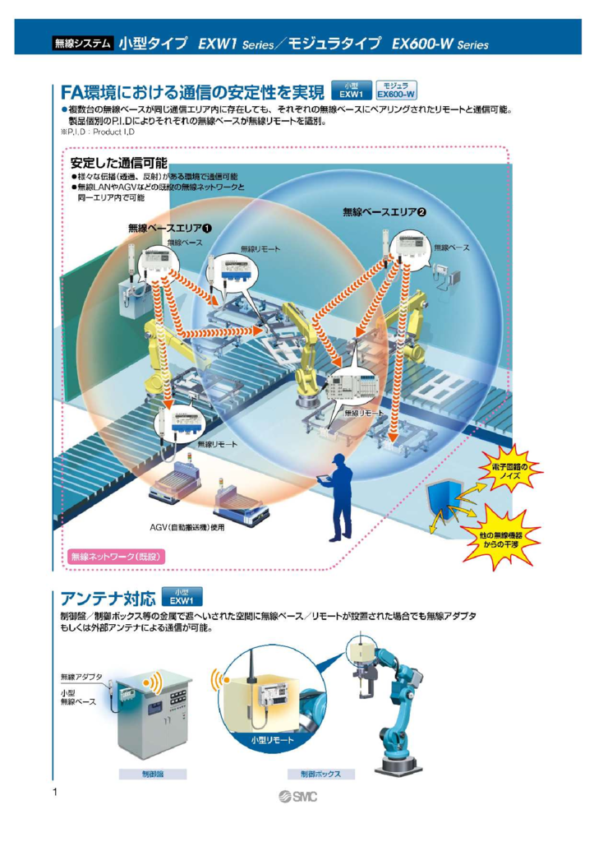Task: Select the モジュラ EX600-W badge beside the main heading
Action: click(x=396, y=90)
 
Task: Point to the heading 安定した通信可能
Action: click(x=118, y=162)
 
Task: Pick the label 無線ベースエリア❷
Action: click(x=384, y=212)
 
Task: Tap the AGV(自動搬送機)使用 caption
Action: click(x=186, y=526)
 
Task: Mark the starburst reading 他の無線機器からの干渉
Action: click(x=500, y=539)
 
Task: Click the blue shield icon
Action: click(x=444, y=502)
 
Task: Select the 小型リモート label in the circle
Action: click(x=271, y=740)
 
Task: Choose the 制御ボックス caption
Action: click(x=320, y=774)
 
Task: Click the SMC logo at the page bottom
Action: click(x=297, y=795)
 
